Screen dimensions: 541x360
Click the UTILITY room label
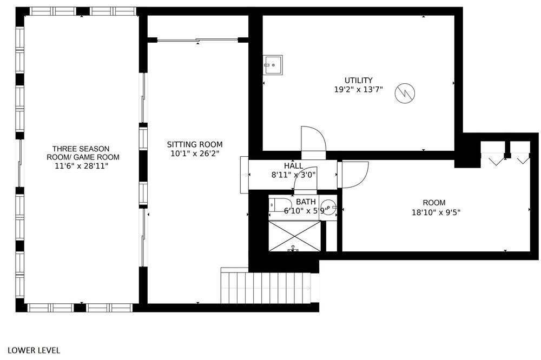coord(359,81)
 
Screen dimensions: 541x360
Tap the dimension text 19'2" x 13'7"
coord(359,90)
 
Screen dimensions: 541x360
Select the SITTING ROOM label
coord(195,144)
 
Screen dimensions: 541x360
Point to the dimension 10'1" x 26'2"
coord(195,154)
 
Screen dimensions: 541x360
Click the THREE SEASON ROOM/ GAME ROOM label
coord(83,153)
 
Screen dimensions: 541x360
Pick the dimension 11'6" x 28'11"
coord(82,166)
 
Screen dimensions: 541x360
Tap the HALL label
coord(294,166)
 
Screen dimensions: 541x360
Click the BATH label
coord(306,202)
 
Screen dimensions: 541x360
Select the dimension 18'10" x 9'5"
coord(436,212)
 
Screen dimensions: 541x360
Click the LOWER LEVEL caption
coord(34,350)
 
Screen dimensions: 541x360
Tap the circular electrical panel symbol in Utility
coord(405,93)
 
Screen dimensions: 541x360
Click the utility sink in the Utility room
coord(273,65)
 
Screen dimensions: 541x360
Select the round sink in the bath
coord(328,207)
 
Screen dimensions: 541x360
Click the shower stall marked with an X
coord(295,236)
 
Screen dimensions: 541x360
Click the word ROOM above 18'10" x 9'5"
coord(434,203)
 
